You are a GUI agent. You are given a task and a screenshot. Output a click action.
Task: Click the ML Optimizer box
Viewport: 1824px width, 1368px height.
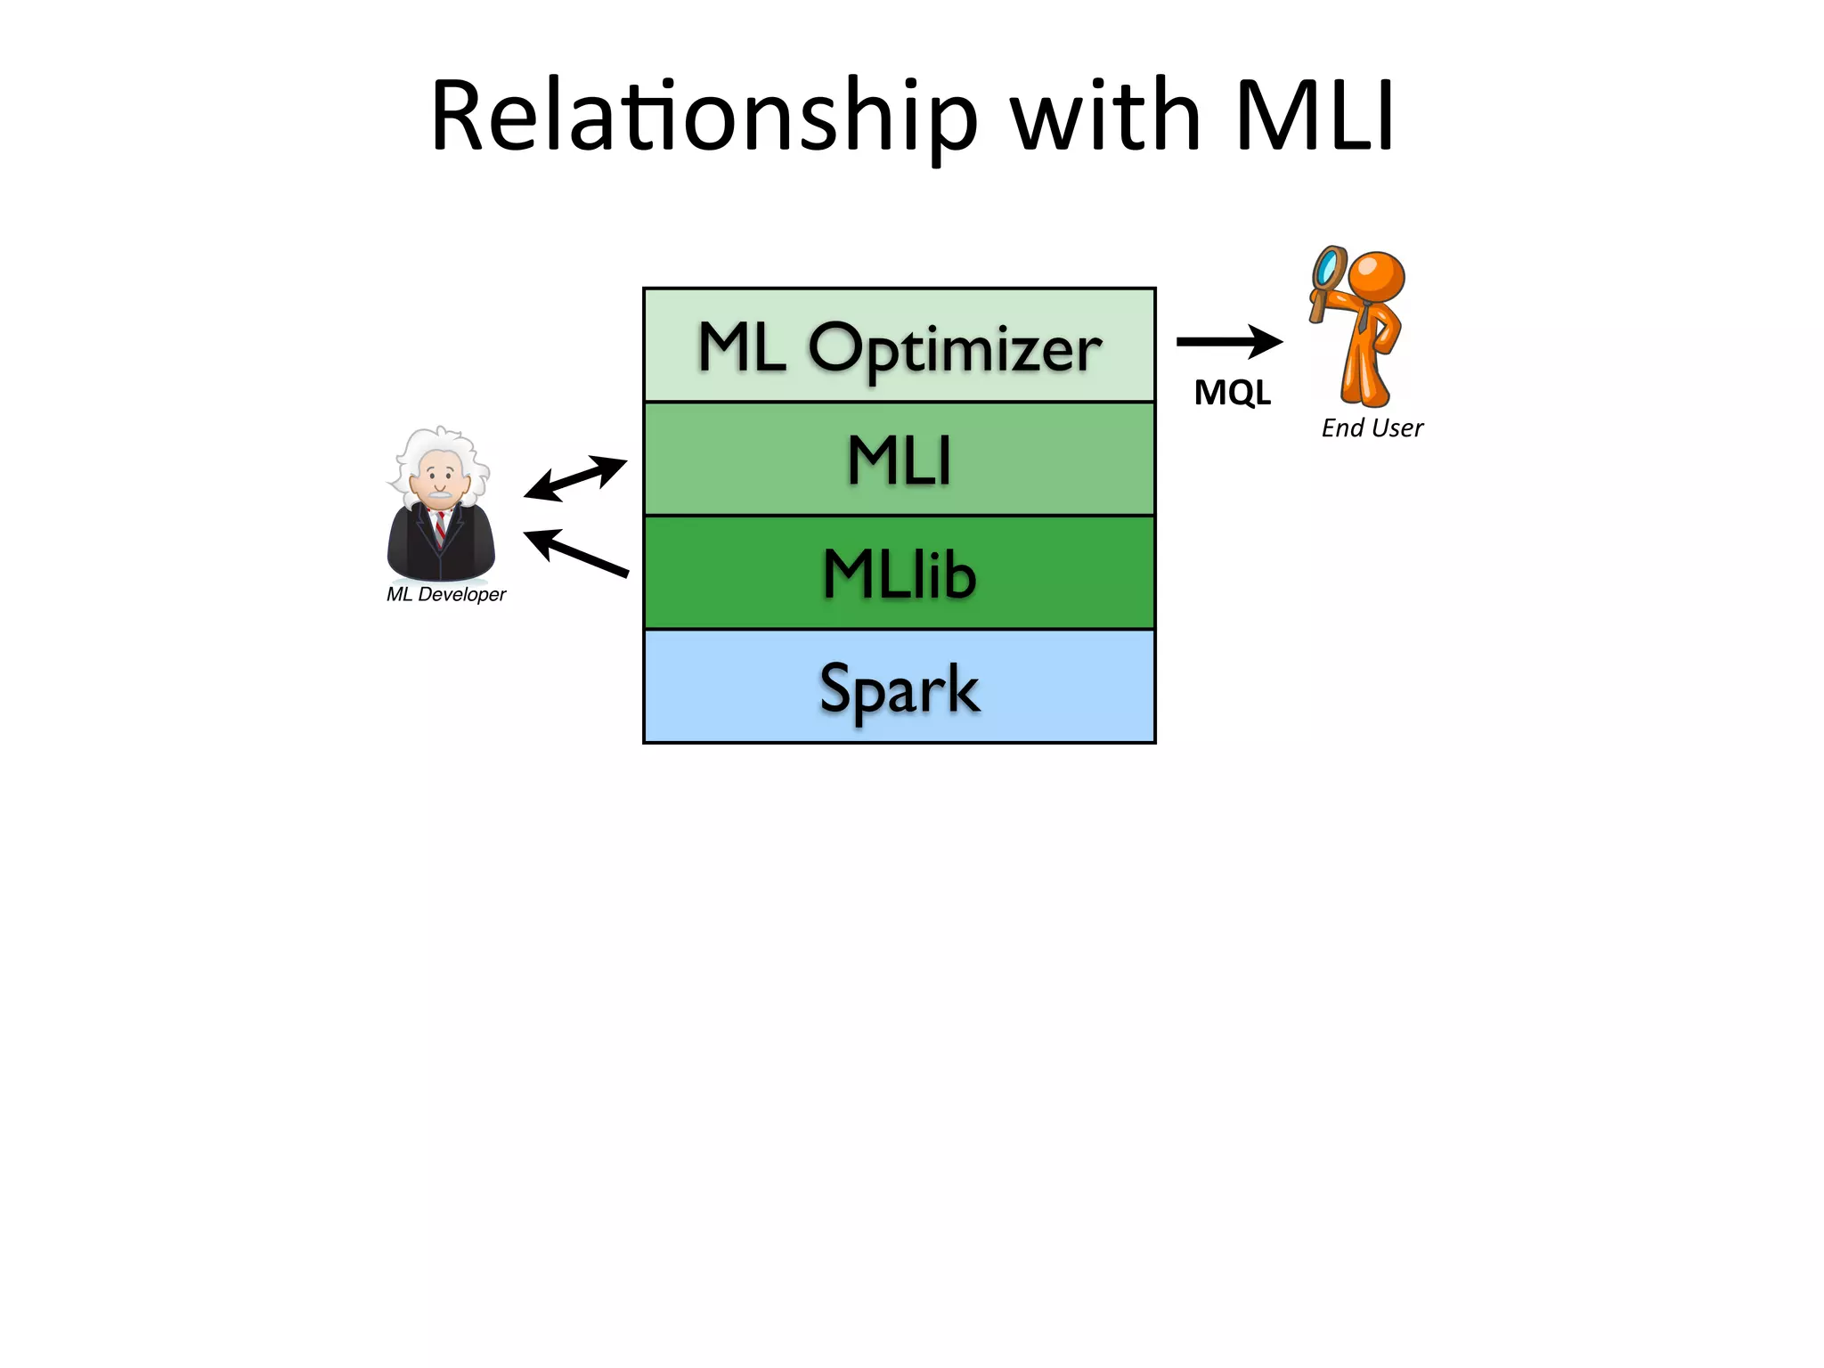point(900,346)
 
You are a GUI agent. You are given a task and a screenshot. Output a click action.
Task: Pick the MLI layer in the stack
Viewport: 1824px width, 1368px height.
point(900,460)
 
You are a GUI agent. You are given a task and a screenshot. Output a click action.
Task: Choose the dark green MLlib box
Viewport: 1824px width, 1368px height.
point(900,574)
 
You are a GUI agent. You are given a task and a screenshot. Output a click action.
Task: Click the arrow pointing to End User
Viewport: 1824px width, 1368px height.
point(1229,341)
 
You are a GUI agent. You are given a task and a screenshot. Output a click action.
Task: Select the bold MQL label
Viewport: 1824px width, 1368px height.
point(1232,393)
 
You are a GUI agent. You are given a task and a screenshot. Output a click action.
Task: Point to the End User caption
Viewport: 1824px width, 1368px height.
point(1372,428)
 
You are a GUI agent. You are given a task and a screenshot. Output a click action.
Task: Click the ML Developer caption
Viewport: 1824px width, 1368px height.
point(445,594)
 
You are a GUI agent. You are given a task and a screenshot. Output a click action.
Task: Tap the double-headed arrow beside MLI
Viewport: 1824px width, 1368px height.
point(575,478)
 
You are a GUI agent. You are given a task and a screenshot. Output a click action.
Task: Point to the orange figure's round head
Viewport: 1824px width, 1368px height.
point(1376,276)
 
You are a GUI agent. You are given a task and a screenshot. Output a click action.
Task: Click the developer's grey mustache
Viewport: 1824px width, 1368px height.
point(439,493)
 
